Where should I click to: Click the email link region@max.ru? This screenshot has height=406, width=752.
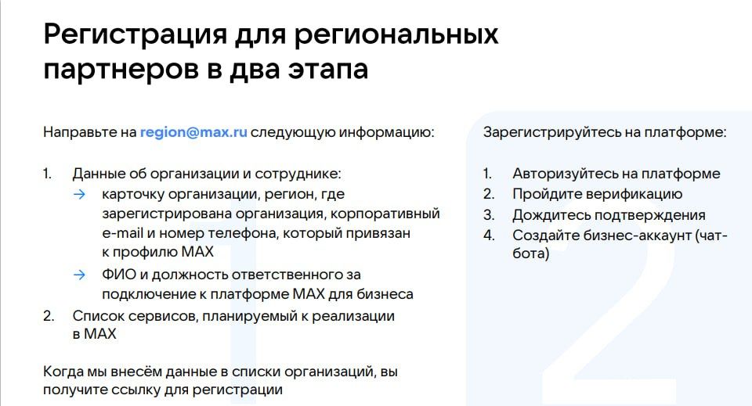pos(193,132)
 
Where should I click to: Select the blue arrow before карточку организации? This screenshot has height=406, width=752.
pos(79,193)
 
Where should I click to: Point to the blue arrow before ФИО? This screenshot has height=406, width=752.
pos(79,275)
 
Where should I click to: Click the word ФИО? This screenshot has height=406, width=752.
pos(116,275)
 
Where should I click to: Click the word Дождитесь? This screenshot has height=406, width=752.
pos(548,214)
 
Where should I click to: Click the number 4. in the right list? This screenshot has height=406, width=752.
pos(489,235)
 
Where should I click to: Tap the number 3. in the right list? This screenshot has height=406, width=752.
pos(489,214)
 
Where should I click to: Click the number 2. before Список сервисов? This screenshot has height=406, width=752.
pos(49,315)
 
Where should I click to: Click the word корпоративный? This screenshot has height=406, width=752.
pos(391,214)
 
